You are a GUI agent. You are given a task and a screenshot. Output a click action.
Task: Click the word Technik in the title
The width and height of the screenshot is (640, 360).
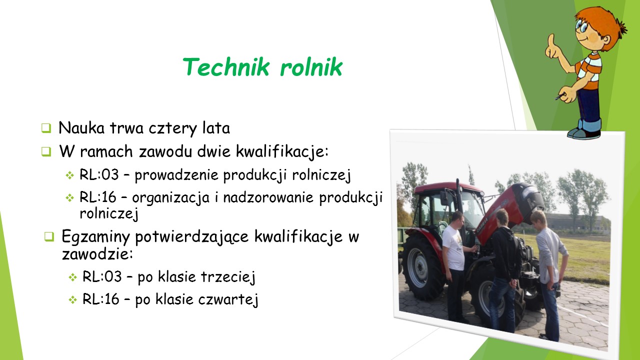226,67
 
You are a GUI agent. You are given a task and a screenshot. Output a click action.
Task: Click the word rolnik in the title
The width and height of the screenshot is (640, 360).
311,67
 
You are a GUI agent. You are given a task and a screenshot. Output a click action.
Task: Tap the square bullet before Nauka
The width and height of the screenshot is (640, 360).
46,128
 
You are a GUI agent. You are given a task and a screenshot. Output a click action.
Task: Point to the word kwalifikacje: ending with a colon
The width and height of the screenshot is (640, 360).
282,151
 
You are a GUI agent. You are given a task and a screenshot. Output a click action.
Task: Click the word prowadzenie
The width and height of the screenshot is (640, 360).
176,175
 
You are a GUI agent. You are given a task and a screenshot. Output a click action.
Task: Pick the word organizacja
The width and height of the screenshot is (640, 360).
170,197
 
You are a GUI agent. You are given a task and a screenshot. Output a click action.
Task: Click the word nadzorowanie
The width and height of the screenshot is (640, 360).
268,197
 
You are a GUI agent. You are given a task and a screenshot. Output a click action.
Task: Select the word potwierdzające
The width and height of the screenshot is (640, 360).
191,237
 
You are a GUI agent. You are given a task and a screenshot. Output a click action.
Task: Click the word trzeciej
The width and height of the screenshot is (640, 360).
228,276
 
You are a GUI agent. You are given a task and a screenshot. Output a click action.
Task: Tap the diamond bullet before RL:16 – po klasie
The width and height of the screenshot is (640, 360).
73,300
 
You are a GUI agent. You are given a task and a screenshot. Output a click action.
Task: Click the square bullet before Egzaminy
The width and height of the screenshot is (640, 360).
49,236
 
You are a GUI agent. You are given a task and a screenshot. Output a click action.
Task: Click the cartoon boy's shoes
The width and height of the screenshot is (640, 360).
584,133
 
